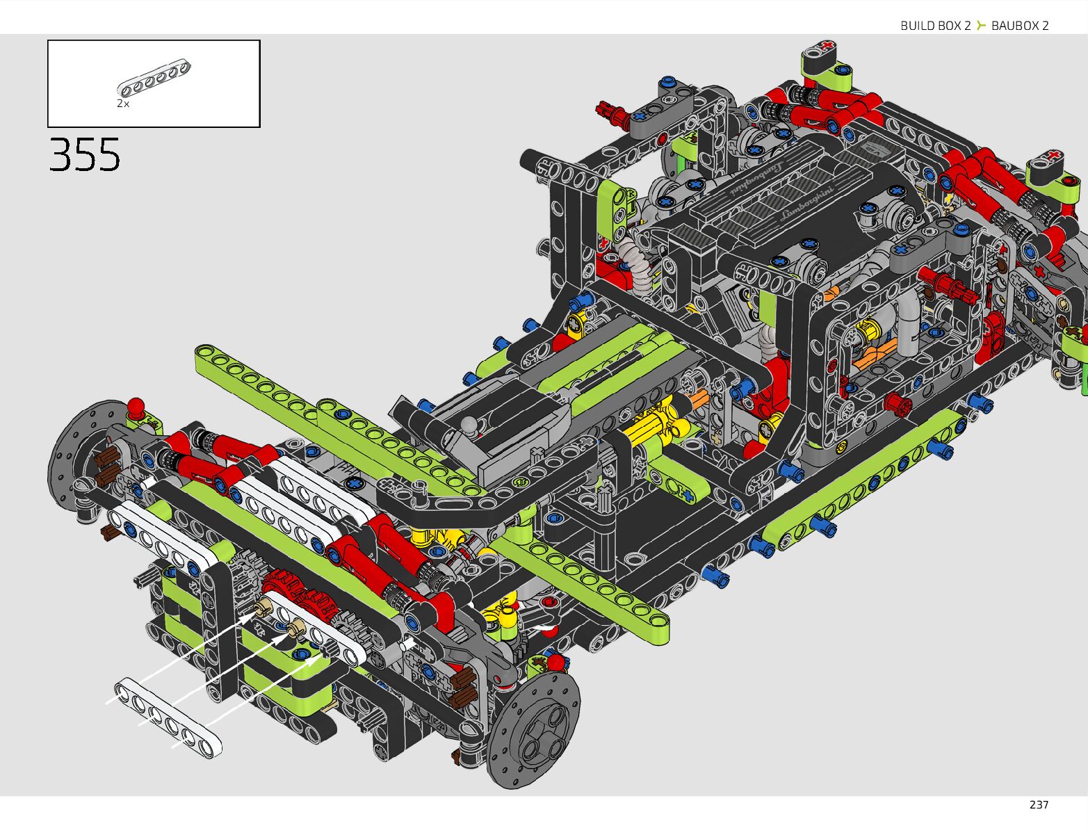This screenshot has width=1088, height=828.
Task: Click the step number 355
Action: click(x=85, y=154)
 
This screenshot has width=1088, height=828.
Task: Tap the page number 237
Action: click(x=1039, y=804)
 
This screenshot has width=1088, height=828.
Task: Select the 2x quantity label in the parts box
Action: click(x=123, y=104)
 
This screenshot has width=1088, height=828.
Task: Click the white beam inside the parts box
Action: click(x=154, y=78)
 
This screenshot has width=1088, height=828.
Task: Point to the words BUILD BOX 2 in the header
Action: click(x=935, y=26)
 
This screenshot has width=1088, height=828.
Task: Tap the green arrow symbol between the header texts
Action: click(x=981, y=26)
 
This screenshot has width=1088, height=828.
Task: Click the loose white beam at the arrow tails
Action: click(x=168, y=716)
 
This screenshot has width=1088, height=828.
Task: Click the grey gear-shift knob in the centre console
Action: click(x=471, y=423)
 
